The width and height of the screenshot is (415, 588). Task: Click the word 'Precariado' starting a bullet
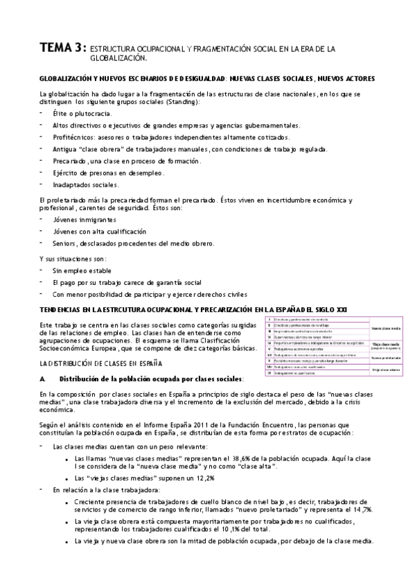(69, 161)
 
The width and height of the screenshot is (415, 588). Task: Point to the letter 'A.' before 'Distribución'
(43, 379)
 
